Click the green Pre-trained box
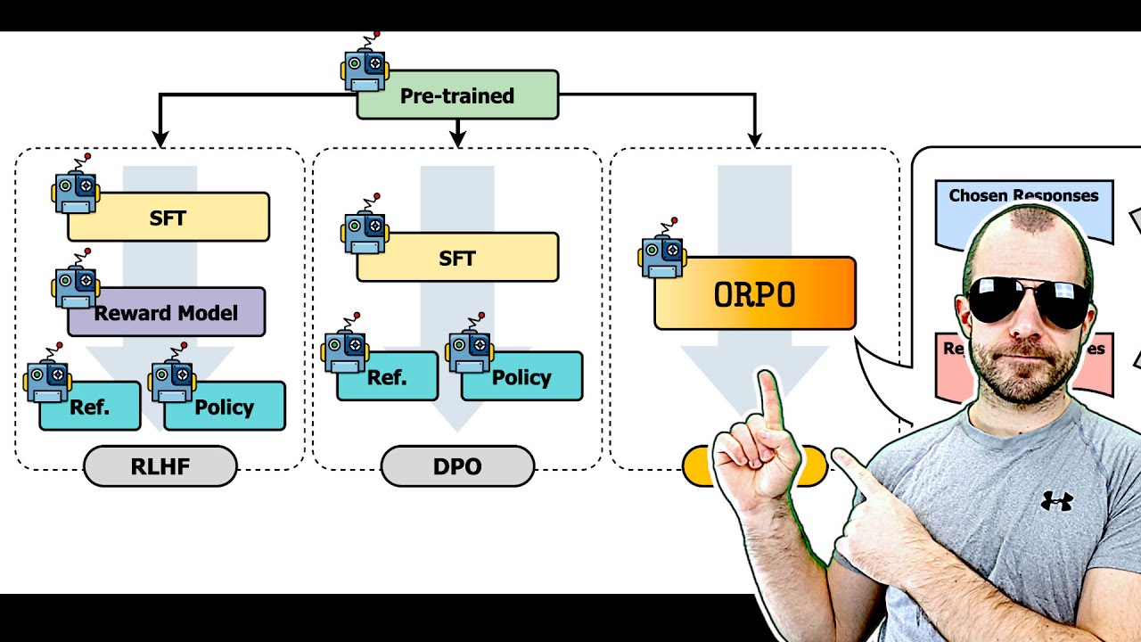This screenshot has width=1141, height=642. [x=457, y=95]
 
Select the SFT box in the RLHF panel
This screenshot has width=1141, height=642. [x=168, y=218]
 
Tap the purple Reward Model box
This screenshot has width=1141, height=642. [x=167, y=313]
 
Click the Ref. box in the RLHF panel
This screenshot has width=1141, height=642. [x=90, y=407]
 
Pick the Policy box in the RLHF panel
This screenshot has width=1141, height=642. [x=225, y=407]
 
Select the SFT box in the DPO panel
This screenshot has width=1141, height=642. [x=457, y=259]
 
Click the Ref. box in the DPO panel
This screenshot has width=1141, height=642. [x=388, y=377]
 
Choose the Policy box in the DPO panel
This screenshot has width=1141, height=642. [x=521, y=377]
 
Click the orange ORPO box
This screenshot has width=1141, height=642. [x=755, y=294]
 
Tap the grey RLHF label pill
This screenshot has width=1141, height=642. [x=160, y=466]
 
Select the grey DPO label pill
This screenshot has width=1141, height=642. [x=457, y=466]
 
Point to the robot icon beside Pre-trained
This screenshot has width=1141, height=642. [x=365, y=65]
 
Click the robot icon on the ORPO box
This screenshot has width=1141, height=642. [x=661, y=251]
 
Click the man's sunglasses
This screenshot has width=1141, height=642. [x=1028, y=300]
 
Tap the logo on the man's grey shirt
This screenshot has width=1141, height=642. [x=1056, y=501]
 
